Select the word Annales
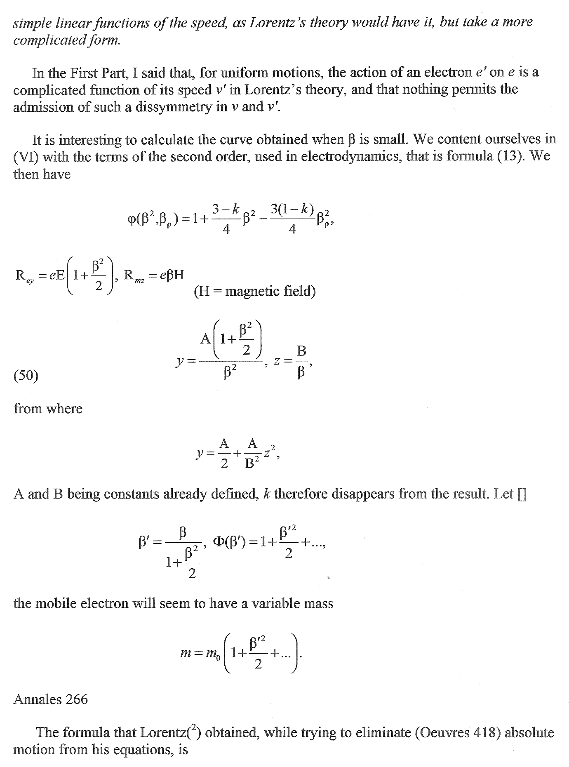[x=37, y=699]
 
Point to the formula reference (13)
[x=511, y=156]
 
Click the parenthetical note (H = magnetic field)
[x=254, y=292]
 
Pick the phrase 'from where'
[x=48, y=409]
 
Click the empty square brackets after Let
[x=522, y=494]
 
